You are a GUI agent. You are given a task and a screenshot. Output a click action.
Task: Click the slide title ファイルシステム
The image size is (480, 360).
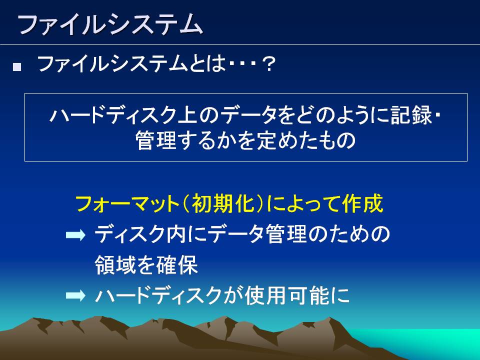(x=110, y=24)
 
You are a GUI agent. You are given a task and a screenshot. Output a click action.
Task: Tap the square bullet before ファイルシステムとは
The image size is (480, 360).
(x=17, y=67)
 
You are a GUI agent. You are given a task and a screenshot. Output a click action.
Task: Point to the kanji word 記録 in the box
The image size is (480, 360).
(x=410, y=115)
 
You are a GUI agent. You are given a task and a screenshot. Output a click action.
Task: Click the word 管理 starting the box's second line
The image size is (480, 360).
(x=155, y=140)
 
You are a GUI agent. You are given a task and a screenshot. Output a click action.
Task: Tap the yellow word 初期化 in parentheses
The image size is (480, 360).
(x=223, y=203)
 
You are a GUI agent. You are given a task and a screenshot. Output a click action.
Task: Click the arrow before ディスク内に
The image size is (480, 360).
(x=75, y=235)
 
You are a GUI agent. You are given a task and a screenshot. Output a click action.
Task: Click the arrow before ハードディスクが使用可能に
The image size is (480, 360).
(x=75, y=295)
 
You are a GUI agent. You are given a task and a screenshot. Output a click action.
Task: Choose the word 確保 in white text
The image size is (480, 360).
(x=176, y=265)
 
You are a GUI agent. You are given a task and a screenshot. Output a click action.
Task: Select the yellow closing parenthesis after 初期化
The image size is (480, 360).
(x=259, y=203)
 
